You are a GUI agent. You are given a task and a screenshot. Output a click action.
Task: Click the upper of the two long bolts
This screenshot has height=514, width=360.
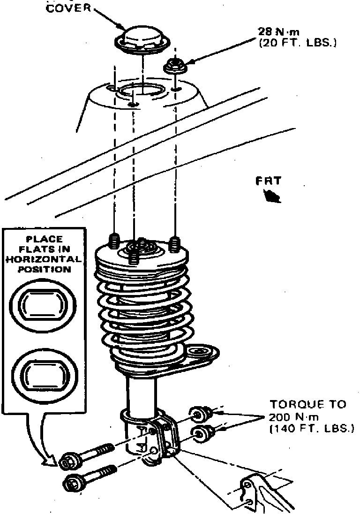89,455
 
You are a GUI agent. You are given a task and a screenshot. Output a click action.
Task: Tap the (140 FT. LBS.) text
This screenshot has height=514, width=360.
311,429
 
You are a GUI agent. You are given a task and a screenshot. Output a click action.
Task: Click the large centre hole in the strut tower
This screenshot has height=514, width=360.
141,92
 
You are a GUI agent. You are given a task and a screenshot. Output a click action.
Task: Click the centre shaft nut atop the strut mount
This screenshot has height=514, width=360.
141,246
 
